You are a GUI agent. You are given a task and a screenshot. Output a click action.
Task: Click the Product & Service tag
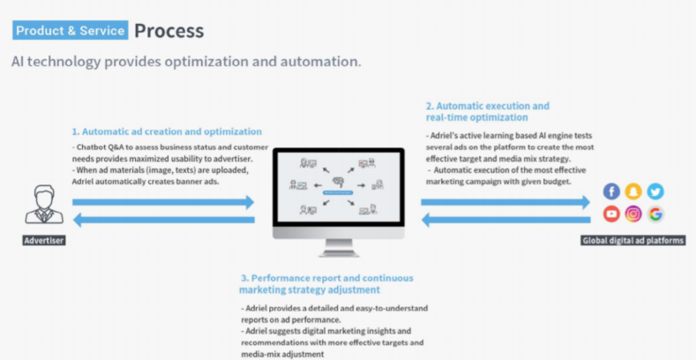coord(70,30)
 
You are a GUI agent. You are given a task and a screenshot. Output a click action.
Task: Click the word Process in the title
coord(168,30)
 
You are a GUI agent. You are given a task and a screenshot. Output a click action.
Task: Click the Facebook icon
coord(611,191)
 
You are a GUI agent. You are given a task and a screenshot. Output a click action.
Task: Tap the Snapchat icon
coord(633,191)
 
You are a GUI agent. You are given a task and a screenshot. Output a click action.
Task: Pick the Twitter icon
coord(655,191)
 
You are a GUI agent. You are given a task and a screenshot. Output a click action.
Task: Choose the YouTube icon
coord(611,214)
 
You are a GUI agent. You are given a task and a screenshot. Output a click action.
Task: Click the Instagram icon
coord(633,214)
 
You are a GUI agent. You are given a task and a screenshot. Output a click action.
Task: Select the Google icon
coord(655,214)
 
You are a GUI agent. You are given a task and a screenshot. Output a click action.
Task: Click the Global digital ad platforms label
coord(633,240)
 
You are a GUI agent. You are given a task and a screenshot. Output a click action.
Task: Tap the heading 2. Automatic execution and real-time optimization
coord(487,111)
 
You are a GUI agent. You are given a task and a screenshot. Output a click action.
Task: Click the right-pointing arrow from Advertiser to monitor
coord(163,202)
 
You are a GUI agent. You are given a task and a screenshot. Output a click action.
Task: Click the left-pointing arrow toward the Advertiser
coord(163,220)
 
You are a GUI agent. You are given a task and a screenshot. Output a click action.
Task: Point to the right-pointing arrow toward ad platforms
coord(505,202)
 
